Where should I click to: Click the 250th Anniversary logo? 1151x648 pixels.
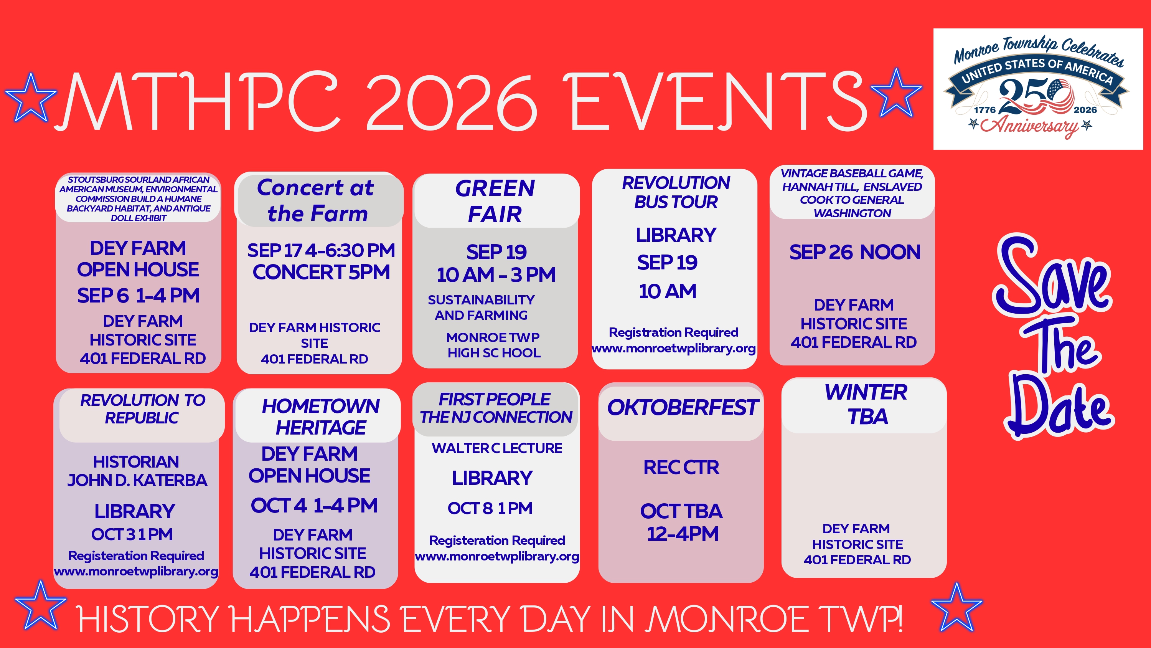coord(1038,89)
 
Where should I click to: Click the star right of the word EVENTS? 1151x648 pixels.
coord(896,93)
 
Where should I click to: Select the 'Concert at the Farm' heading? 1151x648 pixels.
coord(317,200)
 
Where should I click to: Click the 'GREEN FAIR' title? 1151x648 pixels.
coord(495,201)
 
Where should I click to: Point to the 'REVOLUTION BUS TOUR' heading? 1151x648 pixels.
coord(676,192)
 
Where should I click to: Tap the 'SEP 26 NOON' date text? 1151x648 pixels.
coord(854,252)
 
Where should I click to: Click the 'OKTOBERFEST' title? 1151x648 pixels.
coord(682,407)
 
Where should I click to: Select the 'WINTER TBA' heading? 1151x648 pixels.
coord(866,404)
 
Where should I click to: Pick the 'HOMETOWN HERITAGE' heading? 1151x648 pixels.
coord(321,417)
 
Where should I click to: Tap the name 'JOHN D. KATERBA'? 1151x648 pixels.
coord(137,480)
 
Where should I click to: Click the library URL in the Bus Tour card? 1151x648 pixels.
coord(674,348)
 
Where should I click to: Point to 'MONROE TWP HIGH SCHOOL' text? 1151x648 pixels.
coord(493,345)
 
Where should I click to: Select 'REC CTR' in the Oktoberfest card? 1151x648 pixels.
coord(681,467)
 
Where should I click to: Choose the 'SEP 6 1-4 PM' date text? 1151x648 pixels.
coord(138,296)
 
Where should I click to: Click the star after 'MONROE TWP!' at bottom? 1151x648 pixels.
coord(956,607)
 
